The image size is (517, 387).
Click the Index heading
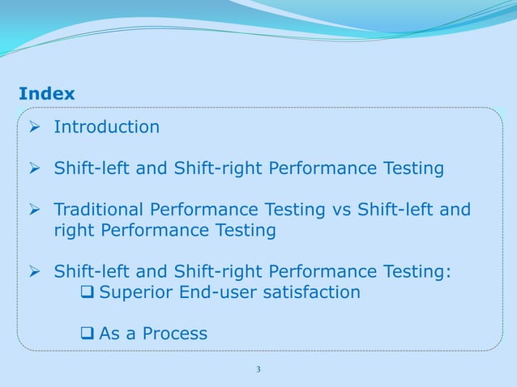pyautogui.click(x=47, y=94)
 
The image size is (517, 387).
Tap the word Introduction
pyautogui.click(x=106, y=127)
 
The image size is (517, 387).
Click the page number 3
pyautogui.click(x=258, y=370)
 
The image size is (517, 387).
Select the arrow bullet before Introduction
pyautogui.click(x=34, y=127)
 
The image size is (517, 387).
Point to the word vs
pyautogui.click(x=341, y=211)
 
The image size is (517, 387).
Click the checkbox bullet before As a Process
pyautogui.click(x=88, y=334)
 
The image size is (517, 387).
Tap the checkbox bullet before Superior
pyautogui.click(x=88, y=291)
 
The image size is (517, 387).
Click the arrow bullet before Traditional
pyautogui.click(x=34, y=211)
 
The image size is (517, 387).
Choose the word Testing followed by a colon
pyautogui.click(x=416, y=271)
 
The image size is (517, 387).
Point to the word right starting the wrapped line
pyautogui.click(x=75, y=231)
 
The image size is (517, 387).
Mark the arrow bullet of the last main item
pyautogui.click(x=34, y=271)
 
